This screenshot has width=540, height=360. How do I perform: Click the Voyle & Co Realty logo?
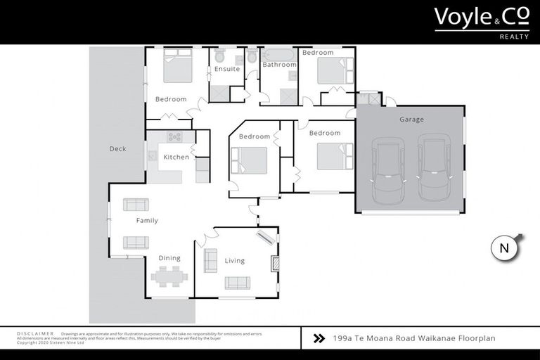(x=481, y=21)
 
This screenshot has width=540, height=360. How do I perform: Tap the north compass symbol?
(x=504, y=247)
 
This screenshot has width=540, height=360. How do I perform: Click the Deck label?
(x=117, y=149)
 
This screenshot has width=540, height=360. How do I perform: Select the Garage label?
(x=411, y=120)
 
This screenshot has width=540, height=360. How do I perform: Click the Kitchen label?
(x=176, y=157)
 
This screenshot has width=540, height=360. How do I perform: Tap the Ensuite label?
(x=227, y=69)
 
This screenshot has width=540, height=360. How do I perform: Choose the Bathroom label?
(x=279, y=65)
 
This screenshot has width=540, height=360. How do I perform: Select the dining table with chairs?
(x=169, y=277)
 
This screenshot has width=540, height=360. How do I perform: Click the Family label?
(x=147, y=221)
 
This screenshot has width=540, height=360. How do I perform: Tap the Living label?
(x=235, y=261)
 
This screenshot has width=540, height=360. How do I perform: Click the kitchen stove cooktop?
(x=174, y=137)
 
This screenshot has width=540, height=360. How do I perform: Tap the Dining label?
(x=169, y=258)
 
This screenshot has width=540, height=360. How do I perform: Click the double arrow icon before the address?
(x=319, y=338)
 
